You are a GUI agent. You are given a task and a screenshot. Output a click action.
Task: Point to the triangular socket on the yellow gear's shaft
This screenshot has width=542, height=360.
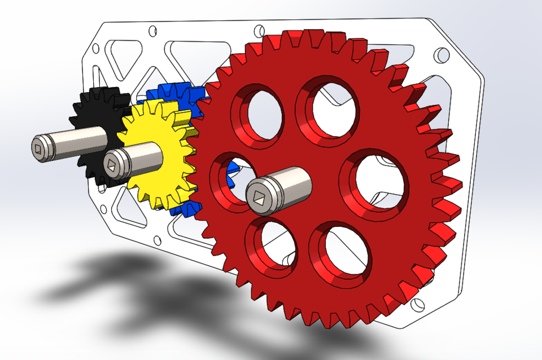point(111,164)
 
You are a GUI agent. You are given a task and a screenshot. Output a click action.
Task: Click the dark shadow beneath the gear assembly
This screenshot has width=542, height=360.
point(113,282)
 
